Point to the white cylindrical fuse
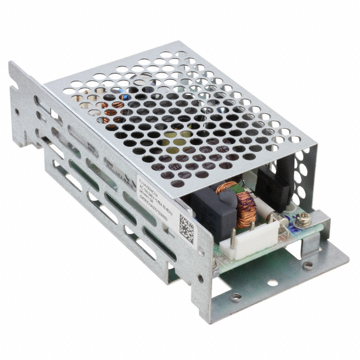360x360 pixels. pyautogui.click(x=281, y=216)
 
